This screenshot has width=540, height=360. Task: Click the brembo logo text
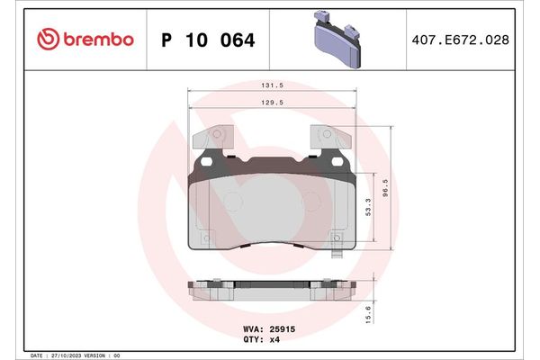98,40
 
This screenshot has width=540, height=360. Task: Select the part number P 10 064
207,40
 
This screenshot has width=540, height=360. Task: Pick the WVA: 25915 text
270,329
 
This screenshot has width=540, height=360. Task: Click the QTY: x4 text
262,339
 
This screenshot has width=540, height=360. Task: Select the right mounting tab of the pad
331,138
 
